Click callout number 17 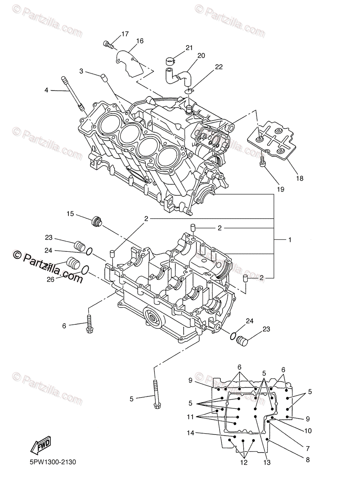(x=125, y=34)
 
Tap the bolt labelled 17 (x=108, y=43)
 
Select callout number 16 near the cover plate (x=139, y=41)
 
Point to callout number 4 (x=47, y=90)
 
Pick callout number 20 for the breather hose (x=201, y=55)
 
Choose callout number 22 (x=219, y=67)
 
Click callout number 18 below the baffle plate (x=300, y=179)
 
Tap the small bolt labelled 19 (x=263, y=162)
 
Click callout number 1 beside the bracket (x=290, y=240)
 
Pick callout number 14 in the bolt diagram (x=190, y=433)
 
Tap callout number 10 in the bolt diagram (x=307, y=431)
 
